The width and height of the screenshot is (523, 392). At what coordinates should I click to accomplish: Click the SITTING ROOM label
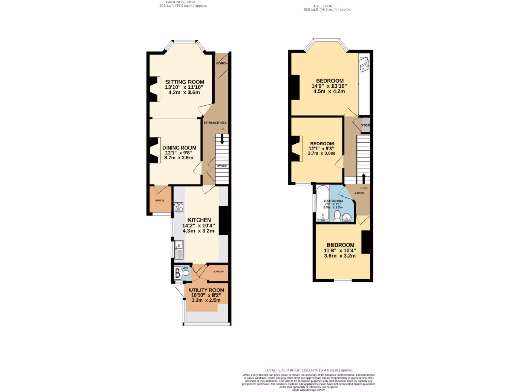184,82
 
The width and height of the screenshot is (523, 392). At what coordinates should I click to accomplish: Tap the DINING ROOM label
179,148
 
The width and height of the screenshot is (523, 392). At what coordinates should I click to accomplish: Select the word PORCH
222,63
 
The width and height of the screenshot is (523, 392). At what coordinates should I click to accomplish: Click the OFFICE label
159,201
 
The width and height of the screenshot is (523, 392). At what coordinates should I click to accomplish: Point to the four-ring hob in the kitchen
179,207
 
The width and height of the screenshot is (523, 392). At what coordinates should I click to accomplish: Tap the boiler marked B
177,273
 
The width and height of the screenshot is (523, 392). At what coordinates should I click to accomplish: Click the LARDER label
218,272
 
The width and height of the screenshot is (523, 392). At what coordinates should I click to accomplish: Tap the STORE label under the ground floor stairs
221,166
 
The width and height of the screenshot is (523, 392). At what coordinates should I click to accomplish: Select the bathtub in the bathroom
323,203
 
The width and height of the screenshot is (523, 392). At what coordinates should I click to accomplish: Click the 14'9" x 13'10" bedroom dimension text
329,86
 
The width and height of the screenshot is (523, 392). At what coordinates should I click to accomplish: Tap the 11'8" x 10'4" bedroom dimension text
341,250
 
